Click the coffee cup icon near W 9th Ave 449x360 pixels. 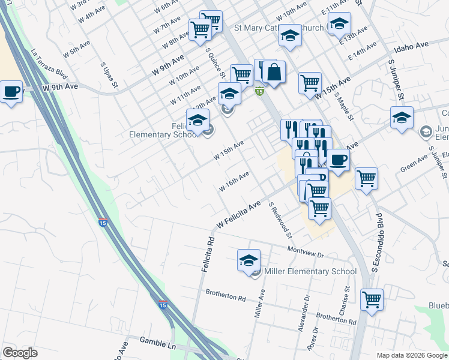[11, 92]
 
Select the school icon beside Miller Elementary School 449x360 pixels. [249, 260]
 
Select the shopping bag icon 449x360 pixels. [273, 73]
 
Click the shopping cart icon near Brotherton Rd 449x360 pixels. [372, 298]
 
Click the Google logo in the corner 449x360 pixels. [20, 353]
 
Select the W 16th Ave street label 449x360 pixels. [234, 181]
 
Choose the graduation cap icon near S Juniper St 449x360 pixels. [402, 117]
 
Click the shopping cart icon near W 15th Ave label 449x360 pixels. [310, 82]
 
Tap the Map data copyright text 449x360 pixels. [411, 355]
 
